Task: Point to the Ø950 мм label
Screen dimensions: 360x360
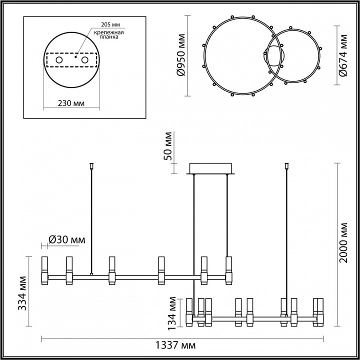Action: tap(181, 55)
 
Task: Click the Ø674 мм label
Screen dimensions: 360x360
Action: tap(342, 55)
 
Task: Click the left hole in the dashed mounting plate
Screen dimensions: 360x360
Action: tap(59, 60)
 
